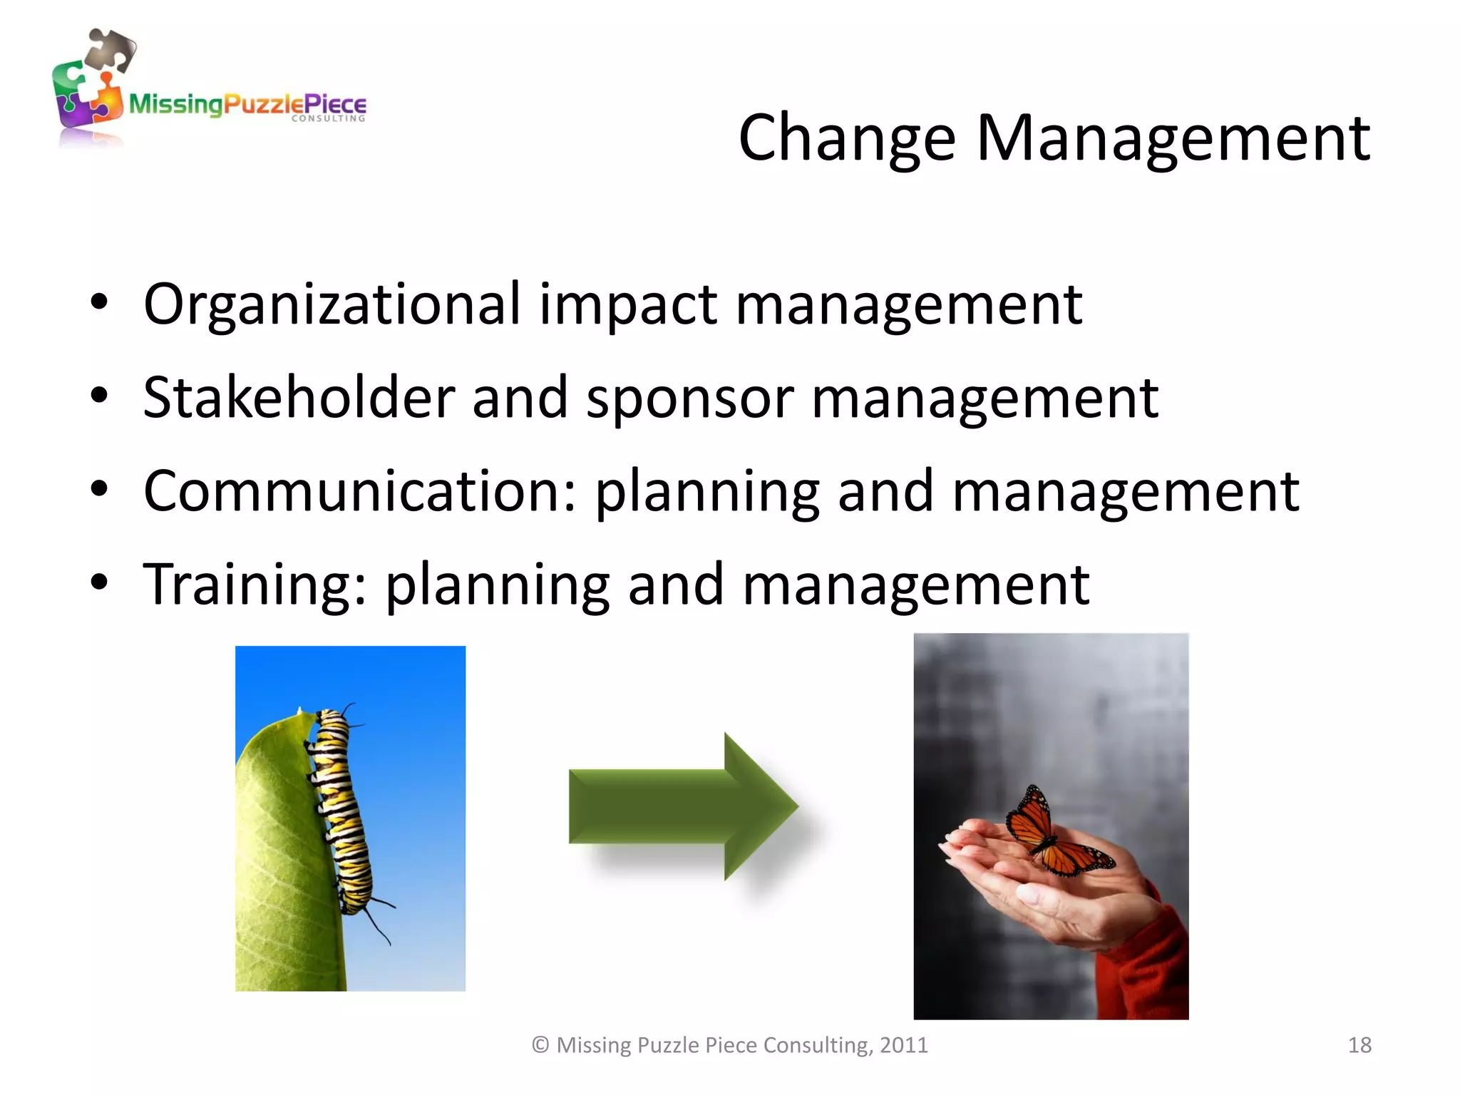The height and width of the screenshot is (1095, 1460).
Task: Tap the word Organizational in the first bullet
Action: click(331, 304)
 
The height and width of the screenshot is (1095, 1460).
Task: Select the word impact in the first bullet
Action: click(627, 304)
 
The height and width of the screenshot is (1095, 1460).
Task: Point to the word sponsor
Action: click(689, 399)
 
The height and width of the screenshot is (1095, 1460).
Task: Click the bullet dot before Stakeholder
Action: click(100, 396)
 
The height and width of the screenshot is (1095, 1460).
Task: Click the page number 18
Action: click(1359, 1045)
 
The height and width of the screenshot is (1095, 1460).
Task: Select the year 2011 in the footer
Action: click(903, 1045)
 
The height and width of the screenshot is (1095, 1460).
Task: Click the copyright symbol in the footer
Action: click(540, 1045)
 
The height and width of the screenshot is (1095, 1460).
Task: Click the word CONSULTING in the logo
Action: click(328, 119)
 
